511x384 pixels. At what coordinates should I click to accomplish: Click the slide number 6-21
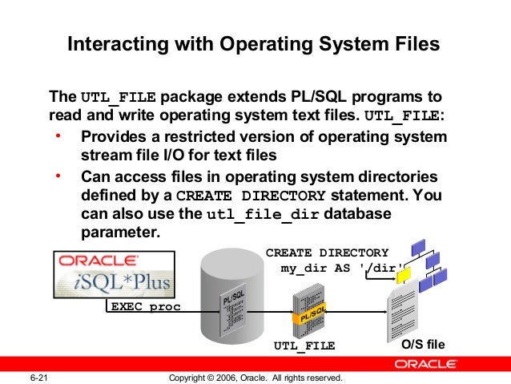tap(41, 377)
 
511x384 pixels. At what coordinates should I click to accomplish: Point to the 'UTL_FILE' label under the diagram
tap(304, 346)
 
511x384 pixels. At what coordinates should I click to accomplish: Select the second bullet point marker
tap(58, 175)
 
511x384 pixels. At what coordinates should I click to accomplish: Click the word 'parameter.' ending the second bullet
tap(121, 233)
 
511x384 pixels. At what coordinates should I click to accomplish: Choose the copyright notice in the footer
tap(256, 377)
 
